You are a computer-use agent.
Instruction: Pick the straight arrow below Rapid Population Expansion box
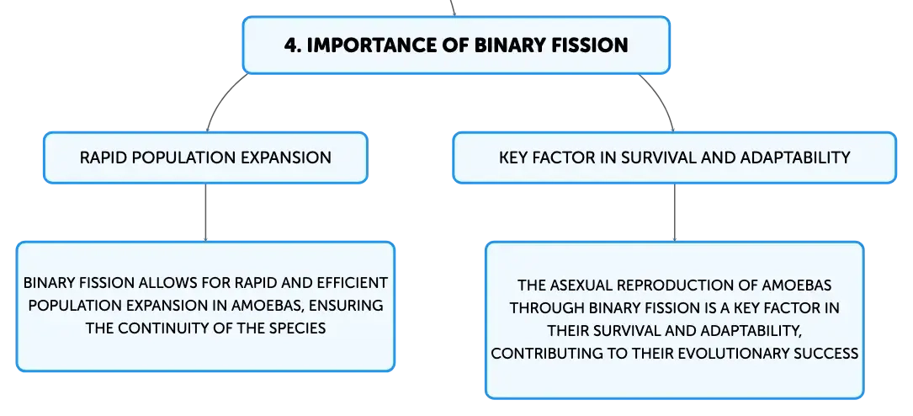point(205,212)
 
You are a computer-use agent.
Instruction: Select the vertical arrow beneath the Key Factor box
point(674,212)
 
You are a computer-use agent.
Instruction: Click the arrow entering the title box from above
point(453,8)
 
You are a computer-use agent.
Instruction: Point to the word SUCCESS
point(820,354)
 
